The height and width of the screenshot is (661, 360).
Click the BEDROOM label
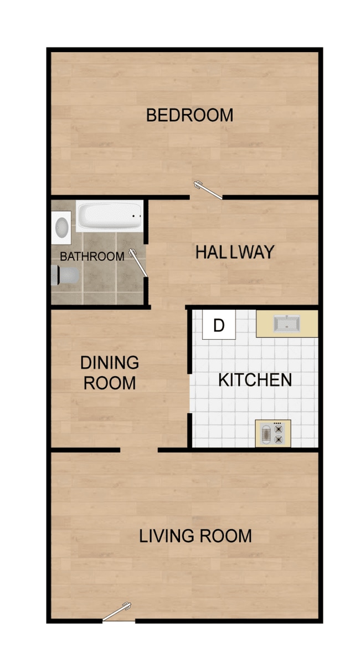(189, 115)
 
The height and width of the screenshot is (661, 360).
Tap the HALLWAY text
(234, 252)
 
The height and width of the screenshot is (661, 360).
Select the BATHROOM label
(92, 257)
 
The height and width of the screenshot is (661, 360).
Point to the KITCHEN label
(255, 380)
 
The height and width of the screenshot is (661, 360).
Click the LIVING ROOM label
(195, 536)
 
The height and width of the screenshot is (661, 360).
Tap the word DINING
(110, 363)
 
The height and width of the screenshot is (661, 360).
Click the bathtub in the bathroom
(110, 217)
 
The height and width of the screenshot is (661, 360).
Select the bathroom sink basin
(62, 227)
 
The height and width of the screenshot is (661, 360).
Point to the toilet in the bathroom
(64, 275)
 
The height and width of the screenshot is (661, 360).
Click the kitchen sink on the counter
(286, 324)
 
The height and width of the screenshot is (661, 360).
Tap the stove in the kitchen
(272, 433)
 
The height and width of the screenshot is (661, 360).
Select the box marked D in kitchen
(219, 325)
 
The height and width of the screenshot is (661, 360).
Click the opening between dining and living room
(139, 450)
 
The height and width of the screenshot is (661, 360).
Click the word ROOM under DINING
(110, 383)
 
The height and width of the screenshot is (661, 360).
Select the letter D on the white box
(219, 325)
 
